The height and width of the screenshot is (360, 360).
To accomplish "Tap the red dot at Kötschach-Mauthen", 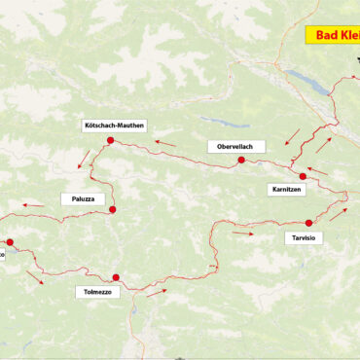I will (x=111, y=141).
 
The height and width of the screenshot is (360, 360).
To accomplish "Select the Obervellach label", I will (x=235, y=146).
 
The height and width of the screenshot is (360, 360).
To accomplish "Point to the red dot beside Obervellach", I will (x=240, y=160).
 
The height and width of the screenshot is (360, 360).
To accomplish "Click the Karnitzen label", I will (x=285, y=190).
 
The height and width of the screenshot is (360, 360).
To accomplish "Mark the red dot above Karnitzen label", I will (x=303, y=176).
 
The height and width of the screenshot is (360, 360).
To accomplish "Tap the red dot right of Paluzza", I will (x=113, y=209).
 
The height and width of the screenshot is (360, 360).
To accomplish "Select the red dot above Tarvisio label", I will (x=308, y=223).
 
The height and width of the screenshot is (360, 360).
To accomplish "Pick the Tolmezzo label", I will (x=97, y=291).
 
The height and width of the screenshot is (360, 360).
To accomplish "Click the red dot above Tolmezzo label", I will (x=115, y=277).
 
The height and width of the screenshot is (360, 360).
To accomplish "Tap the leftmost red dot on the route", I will (x=10, y=242).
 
